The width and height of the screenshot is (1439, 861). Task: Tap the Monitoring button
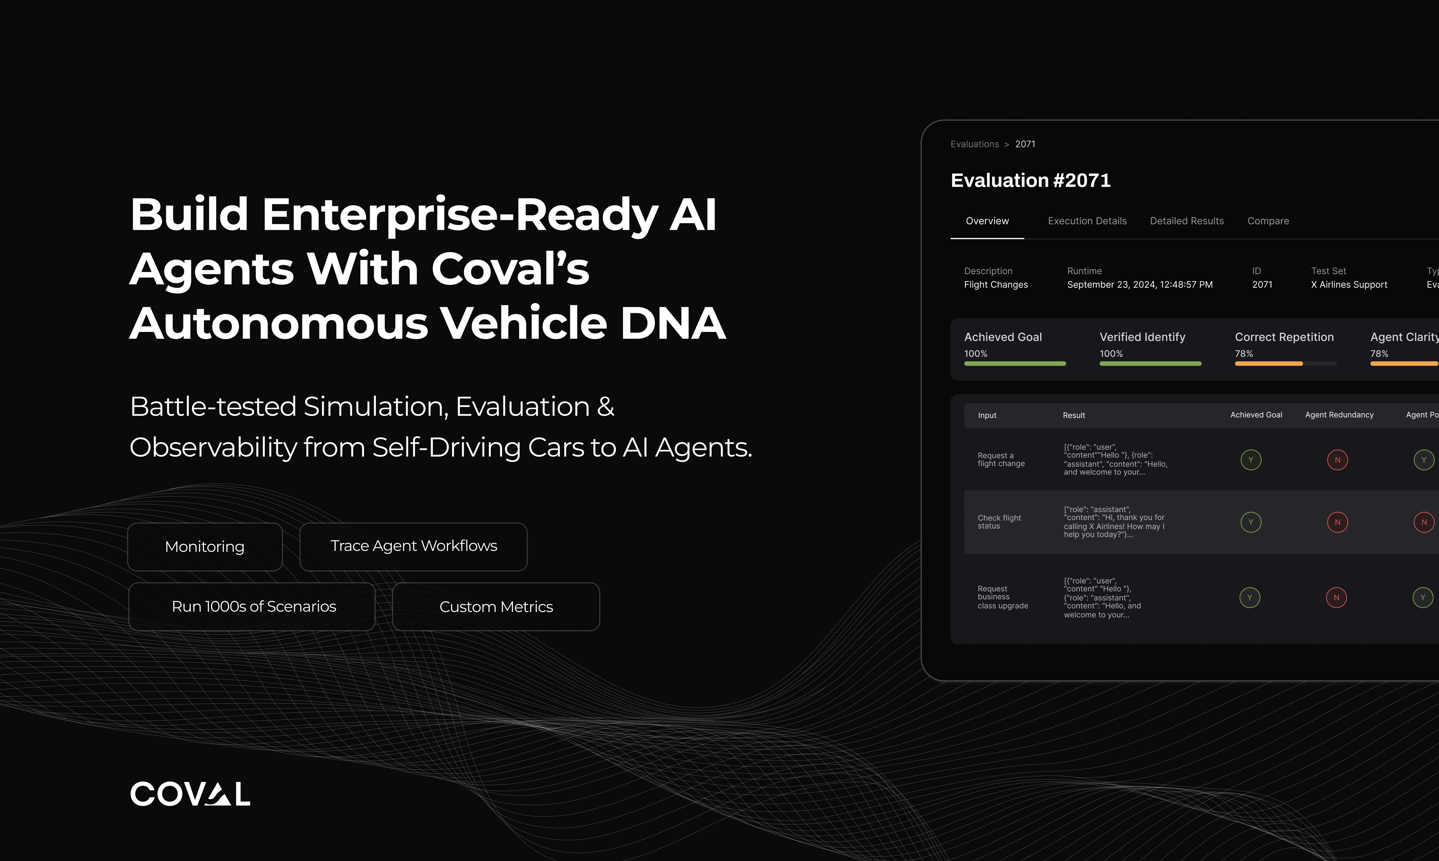205,547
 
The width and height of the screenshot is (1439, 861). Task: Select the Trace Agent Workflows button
413,547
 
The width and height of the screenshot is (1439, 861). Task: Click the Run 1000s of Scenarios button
252,606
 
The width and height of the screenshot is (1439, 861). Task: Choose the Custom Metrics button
496,606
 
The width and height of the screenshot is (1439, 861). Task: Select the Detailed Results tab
1187,221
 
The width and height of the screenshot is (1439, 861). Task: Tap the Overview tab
987,221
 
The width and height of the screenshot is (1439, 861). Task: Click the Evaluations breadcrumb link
975,144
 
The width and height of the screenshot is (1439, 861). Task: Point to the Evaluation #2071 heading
1030,180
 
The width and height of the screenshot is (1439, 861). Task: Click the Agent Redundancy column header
1339,415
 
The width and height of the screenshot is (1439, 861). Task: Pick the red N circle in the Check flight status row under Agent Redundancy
1337,522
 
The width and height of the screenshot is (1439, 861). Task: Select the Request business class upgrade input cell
1003,597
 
